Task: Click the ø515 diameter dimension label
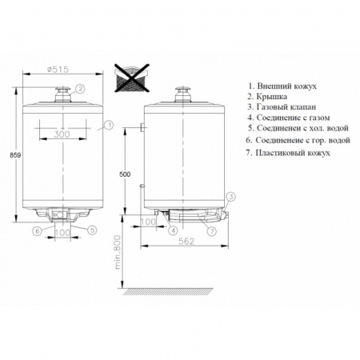pos(58,70)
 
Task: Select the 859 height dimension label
pos(15,155)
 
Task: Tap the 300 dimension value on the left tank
pos(62,134)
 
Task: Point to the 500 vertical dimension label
pos(125,174)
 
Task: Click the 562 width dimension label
pos(186,241)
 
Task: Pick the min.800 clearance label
pos(118,252)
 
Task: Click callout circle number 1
pos(109,125)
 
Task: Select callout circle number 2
pos(80,89)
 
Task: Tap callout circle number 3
pos(231,197)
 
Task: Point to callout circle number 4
pos(173,230)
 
